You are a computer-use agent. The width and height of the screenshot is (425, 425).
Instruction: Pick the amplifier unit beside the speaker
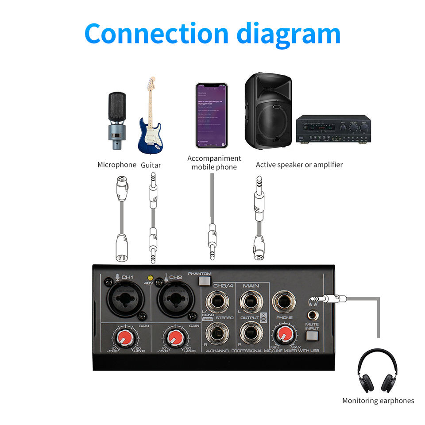333,129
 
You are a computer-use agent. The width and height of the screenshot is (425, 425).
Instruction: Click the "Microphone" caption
117,165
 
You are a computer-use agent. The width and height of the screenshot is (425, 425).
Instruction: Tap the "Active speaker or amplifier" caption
299,165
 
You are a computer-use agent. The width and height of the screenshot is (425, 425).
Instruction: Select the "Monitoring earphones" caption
378,401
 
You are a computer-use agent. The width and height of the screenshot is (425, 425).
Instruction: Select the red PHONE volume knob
284,335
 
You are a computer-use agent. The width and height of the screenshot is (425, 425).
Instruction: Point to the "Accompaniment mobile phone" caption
214,162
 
